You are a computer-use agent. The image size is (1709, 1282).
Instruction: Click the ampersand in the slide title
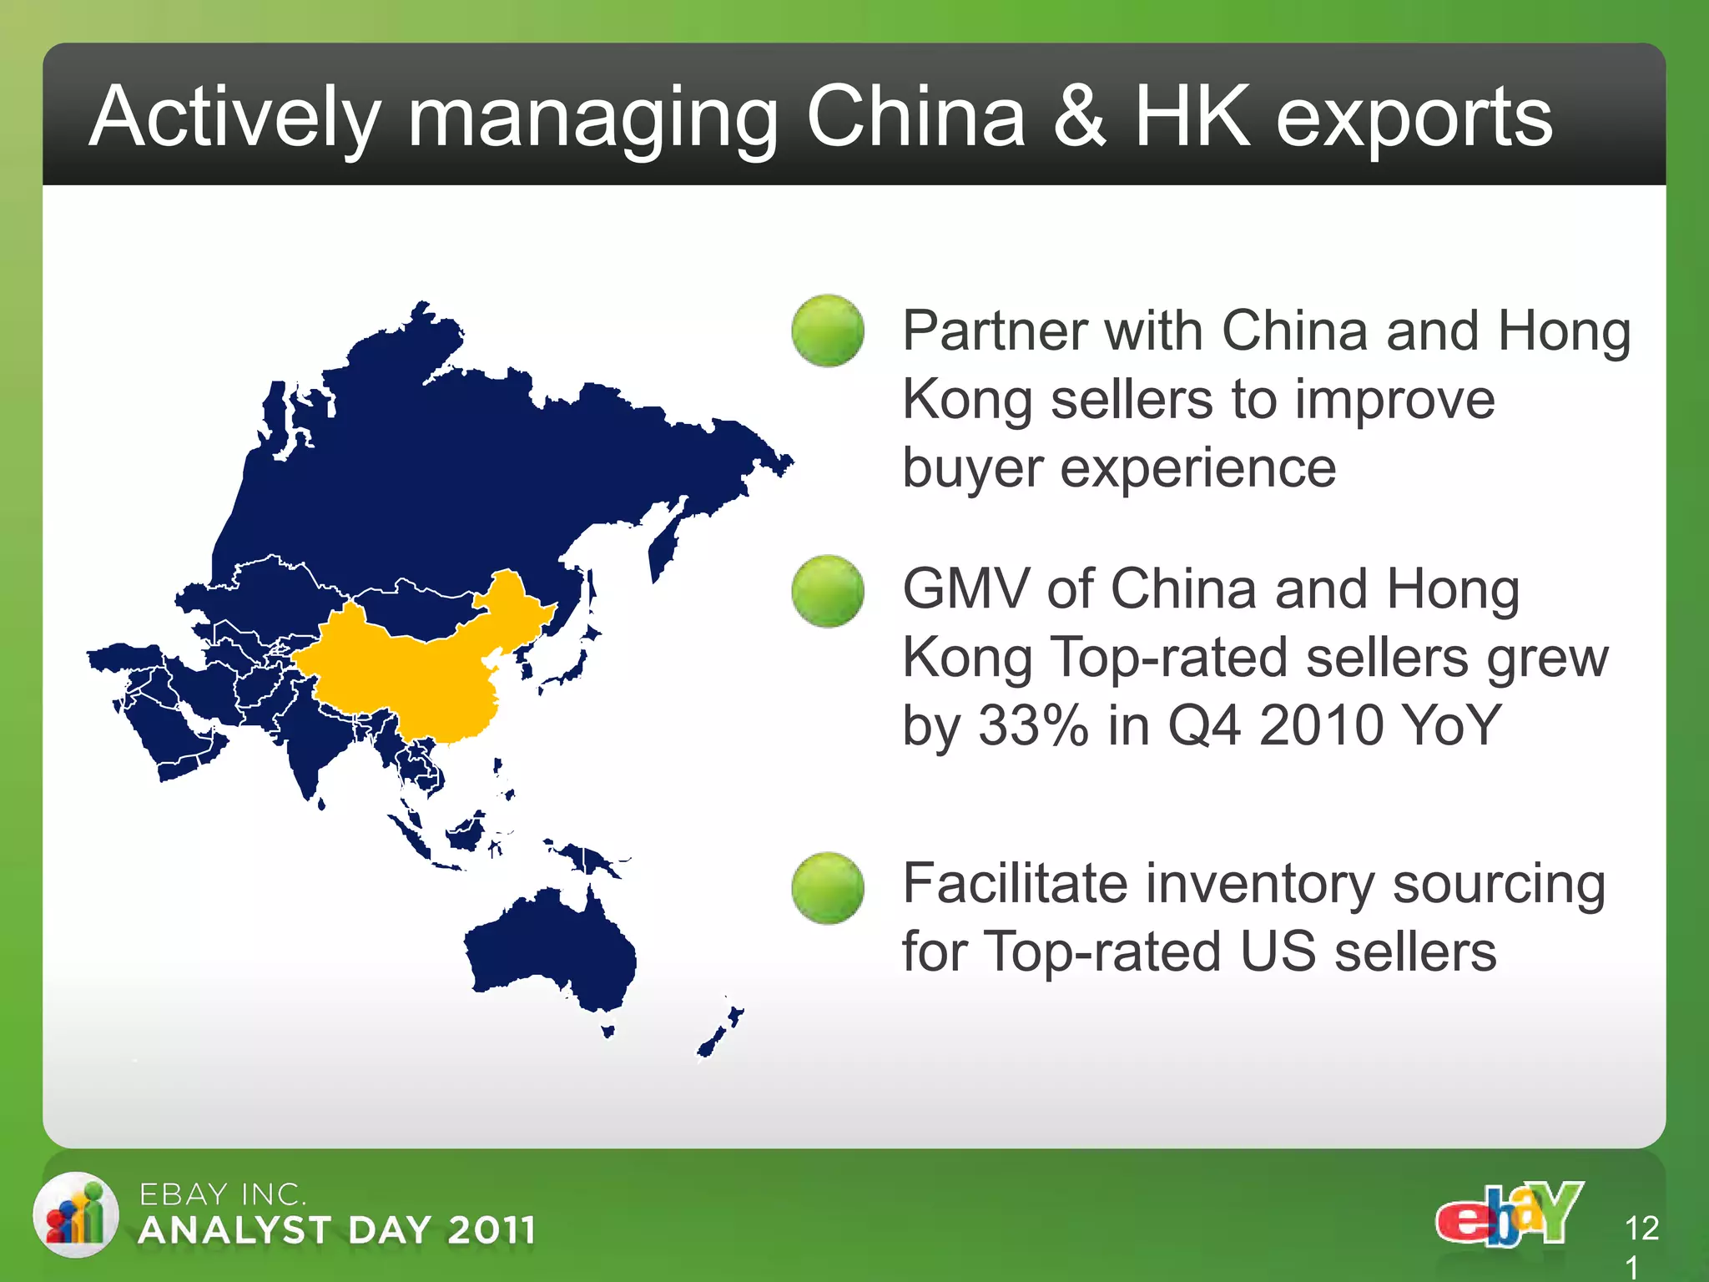coord(1078,117)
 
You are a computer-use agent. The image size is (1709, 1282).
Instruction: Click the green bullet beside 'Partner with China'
coord(827,331)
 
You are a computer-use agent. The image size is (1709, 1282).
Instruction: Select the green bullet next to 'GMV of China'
coord(827,591)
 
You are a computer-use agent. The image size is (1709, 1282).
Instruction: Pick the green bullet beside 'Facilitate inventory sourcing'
coord(827,888)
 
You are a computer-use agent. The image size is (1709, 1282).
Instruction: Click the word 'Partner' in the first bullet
coord(993,331)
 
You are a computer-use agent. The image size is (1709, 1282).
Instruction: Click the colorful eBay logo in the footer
coord(1509,1214)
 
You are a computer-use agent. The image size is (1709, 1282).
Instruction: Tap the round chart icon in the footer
coord(76,1214)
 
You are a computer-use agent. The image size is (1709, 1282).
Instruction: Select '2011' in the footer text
coord(491,1230)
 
